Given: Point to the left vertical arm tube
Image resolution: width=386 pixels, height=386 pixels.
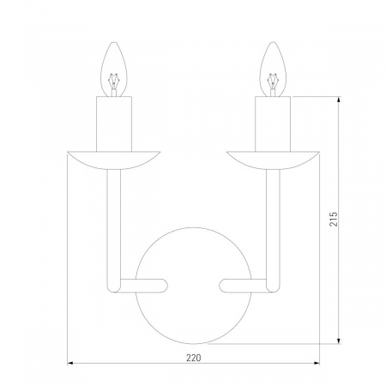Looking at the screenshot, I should tap(112, 223).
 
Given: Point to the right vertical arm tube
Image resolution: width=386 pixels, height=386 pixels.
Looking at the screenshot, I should tap(274, 223).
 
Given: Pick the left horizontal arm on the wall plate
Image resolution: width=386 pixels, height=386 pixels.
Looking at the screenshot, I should tap(142, 284).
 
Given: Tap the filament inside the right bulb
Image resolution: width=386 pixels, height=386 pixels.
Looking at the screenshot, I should tap(274, 82).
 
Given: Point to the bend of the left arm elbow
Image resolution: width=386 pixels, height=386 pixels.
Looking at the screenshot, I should tap(111, 286).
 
